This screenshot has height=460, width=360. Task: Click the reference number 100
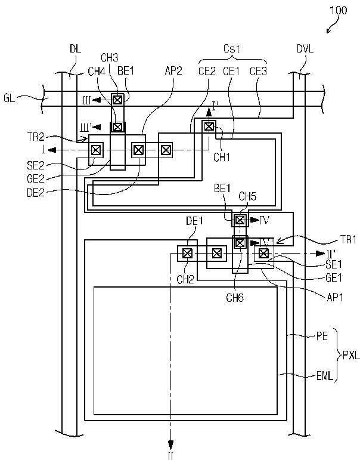339,11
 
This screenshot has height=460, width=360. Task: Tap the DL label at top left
75,49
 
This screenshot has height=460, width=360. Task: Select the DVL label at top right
305,49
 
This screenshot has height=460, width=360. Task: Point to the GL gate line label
10,98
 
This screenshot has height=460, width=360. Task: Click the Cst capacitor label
231,48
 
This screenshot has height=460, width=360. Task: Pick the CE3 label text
258,71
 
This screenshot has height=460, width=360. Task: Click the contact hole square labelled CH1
209,126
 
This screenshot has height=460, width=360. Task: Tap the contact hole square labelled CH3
117,100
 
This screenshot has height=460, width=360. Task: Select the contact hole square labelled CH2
187,253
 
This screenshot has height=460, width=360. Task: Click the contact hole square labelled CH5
240,220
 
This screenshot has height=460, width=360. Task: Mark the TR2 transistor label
36,137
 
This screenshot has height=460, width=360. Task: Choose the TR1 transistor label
348,240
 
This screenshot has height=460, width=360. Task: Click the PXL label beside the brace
351,356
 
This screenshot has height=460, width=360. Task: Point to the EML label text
325,376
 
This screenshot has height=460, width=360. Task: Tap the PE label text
322,336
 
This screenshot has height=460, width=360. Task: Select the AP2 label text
173,71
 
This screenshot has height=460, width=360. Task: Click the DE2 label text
36,193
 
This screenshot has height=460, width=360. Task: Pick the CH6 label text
235,298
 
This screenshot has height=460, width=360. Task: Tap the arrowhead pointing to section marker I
52,150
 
